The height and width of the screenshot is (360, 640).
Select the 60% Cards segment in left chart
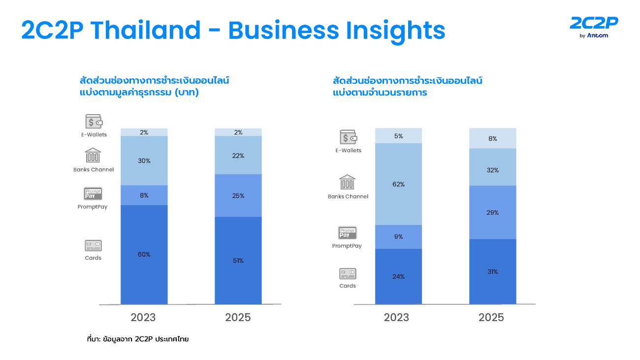[x=144, y=254]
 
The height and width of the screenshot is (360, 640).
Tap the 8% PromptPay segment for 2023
[x=144, y=195]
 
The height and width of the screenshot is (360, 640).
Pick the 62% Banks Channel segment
[x=398, y=184]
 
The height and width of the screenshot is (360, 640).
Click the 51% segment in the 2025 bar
[x=238, y=260]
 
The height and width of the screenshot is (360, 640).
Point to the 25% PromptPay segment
[x=238, y=196]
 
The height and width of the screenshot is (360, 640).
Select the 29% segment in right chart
[x=492, y=212]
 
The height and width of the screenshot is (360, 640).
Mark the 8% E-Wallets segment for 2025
[x=492, y=138]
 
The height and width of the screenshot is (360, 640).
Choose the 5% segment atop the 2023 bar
[x=398, y=135]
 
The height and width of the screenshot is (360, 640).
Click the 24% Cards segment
[x=398, y=276]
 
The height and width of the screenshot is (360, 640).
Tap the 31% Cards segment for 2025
[x=492, y=271]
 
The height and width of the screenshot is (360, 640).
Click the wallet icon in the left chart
[x=94, y=122]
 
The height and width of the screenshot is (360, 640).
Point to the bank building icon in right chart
[x=347, y=182]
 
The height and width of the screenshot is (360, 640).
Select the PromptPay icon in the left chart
[x=93, y=194]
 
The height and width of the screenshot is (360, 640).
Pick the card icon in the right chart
[x=347, y=274]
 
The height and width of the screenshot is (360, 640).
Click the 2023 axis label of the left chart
[x=143, y=318]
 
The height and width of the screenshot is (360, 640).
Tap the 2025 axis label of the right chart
[x=491, y=318]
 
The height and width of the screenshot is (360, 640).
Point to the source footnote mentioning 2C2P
[x=137, y=339]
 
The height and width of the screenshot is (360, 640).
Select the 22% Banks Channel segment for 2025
[x=238, y=155]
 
